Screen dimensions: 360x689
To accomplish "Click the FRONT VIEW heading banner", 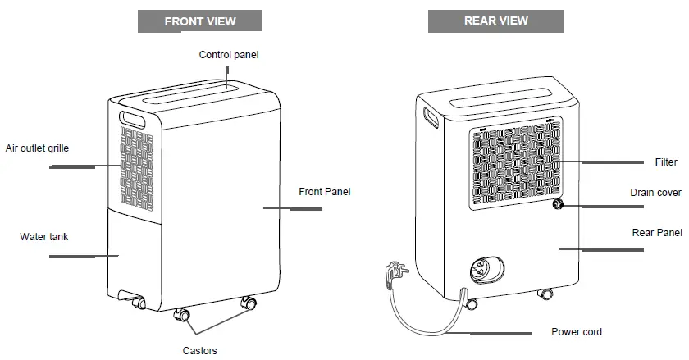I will (201, 21).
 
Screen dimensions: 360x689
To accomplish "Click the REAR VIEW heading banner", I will (496, 21).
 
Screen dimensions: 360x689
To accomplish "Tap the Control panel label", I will (229, 55).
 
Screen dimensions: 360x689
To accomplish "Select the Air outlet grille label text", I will (37, 148).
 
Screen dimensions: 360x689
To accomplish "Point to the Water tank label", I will (43, 237).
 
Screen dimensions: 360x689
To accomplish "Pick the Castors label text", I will (199, 351).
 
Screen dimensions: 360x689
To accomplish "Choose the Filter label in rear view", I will (666, 162).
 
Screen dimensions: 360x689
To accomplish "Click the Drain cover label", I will (655, 193).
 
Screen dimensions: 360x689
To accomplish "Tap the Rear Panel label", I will (657, 233).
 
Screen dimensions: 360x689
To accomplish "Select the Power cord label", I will (577, 332).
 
